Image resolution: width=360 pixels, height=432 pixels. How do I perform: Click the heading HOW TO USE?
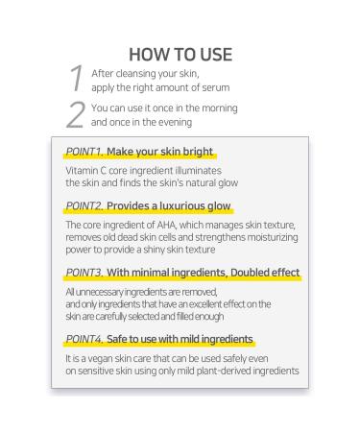pos(180,55)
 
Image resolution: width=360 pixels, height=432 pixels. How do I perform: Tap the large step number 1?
pos(76,78)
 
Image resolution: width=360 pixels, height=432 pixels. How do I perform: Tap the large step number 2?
pos(76,114)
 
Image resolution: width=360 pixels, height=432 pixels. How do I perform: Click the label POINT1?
pos(84,152)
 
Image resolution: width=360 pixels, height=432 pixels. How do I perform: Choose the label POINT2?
pos(84,205)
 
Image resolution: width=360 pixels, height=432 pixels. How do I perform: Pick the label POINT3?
pos(84,273)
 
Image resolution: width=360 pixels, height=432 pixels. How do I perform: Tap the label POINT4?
pos(84,339)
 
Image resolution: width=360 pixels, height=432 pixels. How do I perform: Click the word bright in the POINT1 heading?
pos(198,152)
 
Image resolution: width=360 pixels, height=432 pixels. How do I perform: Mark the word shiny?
pos(154,250)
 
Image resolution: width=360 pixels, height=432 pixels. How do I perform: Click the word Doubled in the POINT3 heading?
pos(248,273)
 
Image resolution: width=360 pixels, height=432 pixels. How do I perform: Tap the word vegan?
pos(100,359)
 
